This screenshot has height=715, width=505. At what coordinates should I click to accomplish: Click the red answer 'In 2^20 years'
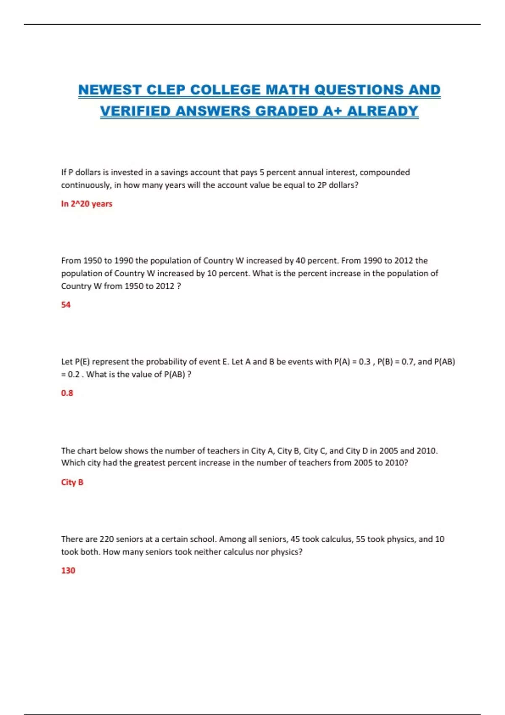(x=87, y=204)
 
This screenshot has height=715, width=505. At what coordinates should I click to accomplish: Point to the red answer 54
(x=66, y=305)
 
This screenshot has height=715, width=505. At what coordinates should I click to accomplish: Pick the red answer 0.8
(x=67, y=393)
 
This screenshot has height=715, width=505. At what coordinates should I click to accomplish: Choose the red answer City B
(x=72, y=482)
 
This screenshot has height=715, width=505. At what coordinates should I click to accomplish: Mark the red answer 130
(x=68, y=571)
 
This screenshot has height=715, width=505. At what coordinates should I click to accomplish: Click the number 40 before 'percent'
(x=301, y=261)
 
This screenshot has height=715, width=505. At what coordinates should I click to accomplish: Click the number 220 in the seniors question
(x=107, y=539)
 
